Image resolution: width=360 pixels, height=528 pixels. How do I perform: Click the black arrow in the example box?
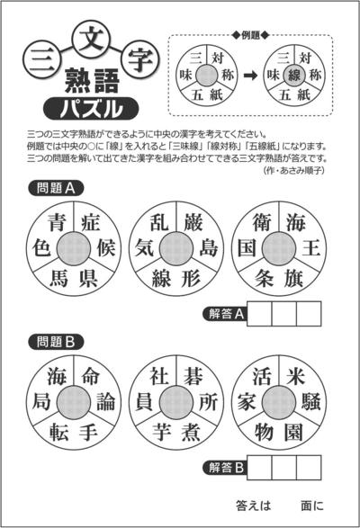(250, 75)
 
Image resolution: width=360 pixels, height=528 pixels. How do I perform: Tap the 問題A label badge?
(56, 188)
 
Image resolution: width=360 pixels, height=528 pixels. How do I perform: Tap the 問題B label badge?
(56, 342)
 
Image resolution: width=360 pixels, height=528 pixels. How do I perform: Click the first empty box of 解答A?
(259, 314)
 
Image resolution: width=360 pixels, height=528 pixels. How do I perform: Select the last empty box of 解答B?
(309, 468)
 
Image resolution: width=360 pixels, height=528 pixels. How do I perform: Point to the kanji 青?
(57, 222)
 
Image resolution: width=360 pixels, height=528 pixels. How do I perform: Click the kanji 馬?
(59, 278)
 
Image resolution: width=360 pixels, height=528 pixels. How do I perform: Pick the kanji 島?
(208, 248)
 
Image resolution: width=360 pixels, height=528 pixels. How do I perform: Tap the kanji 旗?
(293, 278)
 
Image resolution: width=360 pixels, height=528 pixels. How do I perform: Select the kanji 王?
(310, 248)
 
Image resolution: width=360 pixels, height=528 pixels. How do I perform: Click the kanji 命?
(90, 376)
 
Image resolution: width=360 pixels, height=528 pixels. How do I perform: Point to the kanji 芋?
(162, 432)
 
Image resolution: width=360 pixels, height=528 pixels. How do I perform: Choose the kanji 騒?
(310, 402)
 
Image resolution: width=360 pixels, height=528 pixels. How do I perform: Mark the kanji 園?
(293, 432)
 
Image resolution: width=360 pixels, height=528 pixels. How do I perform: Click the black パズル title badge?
(91, 109)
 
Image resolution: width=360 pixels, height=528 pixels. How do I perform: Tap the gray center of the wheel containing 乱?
(176, 249)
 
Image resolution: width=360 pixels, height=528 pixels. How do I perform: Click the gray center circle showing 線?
(294, 75)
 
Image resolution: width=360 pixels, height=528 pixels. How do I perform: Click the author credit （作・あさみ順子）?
(294, 170)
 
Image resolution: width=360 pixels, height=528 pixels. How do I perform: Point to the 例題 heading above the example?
(251, 35)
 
